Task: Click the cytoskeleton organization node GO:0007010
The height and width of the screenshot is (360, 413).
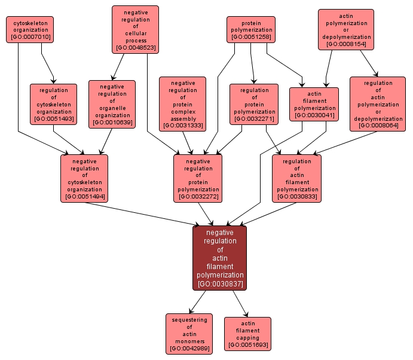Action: pyautogui.click(x=30, y=29)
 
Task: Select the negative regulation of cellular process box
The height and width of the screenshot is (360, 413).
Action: pyautogui.click(x=136, y=29)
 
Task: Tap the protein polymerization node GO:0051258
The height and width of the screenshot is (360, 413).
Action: pyautogui.click(x=251, y=29)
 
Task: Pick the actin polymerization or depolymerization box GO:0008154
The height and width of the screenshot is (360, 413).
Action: pyautogui.click(x=346, y=29)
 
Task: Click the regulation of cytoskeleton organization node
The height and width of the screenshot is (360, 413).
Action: pyautogui.click(x=53, y=104)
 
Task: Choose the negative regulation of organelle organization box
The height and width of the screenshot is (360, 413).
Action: pyautogui.click(x=112, y=104)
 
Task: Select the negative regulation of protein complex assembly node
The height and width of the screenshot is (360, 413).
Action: pyautogui.click(x=182, y=104)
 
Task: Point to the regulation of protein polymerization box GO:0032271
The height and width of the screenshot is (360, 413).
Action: pyautogui.click(x=253, y=104)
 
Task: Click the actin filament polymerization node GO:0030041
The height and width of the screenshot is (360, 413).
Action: pyautogui.click(x=314, y=104)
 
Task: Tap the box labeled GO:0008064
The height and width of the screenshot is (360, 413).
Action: pyautogui.click(x=378, y=104)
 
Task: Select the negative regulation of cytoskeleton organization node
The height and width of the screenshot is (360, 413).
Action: pyautogui.click(x=84, y=178)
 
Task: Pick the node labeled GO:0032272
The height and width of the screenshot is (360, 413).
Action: pyautogui.click(x=198, y=178)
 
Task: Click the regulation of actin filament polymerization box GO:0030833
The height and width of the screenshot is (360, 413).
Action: pyautogui.click(x=296, y=178)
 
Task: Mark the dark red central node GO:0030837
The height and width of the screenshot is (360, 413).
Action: pyautogui.click(x=219, y=258)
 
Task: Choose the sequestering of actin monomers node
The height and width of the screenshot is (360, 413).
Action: pyautogui.click(x=189, y=333)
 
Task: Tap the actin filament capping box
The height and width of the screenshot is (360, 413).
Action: pyautogui.click(x=247, y=333)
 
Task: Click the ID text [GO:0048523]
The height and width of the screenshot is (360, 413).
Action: pyautogui.click(x=136, y=47)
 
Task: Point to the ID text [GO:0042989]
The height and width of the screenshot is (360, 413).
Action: pyautogui.click(x=189, y=348)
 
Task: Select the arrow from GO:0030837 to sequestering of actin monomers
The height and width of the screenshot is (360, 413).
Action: pyautogui.click(x=200, y=303)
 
